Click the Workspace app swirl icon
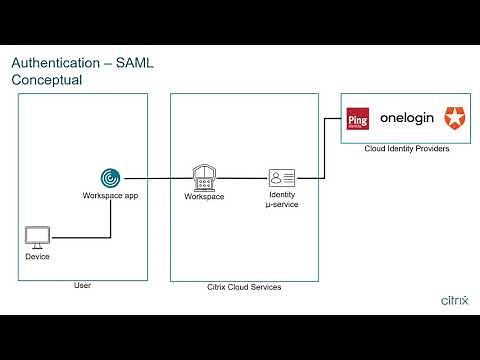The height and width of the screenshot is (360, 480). pyautogui.click(x=110, y=177)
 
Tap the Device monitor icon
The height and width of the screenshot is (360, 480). pyautogui.click(x=37, y=238)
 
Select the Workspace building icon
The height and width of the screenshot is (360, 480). pyautogui.click(x=205, y=177)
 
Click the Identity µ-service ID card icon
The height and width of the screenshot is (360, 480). pyautogui.click(x=281, y=178)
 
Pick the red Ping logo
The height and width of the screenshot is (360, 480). pyautogui.click(x=357, y=121)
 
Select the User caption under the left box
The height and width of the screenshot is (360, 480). pyautogui.click(x=83, y=286)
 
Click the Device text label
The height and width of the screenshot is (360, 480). pyautogui.click(x=37, y=257)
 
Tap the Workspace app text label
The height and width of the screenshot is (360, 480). pyautogui.click(x=110, y=196)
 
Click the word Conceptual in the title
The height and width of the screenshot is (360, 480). pyautogui.click(x=46, y=81)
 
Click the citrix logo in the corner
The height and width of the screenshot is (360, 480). pyautogui.click(x=454, y=298)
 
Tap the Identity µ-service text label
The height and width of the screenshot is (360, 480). pyautogui.click(x=281, y=199)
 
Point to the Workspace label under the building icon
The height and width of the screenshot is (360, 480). pyautogui.click(x=205, y=196)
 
